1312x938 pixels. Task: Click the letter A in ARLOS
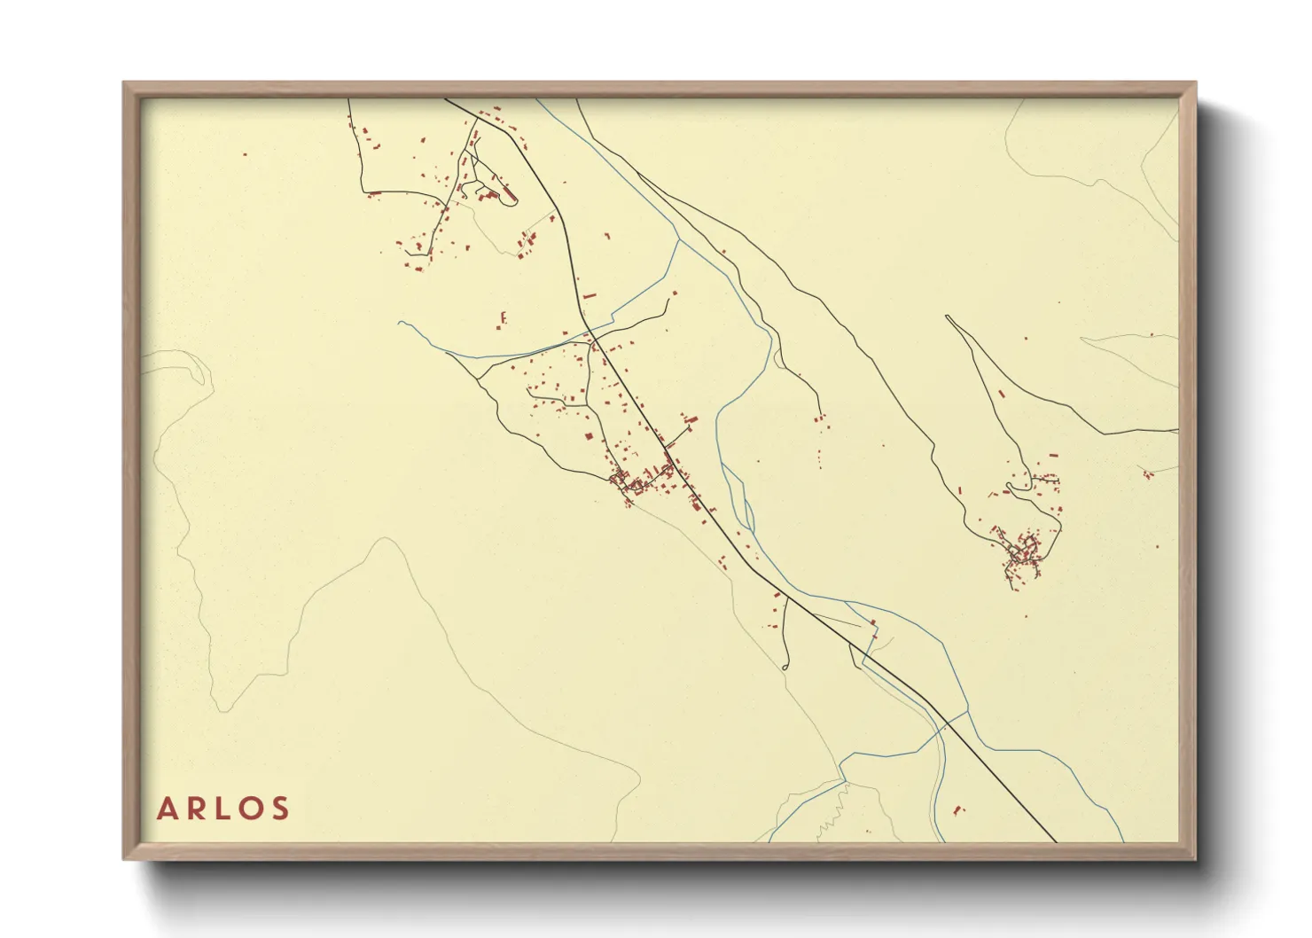click(167, 809)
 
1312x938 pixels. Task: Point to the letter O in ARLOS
click(251, 809)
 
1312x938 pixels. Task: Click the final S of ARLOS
click(280, 809)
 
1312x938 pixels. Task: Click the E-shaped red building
click(503, 317)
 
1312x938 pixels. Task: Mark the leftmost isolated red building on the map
click(245, 155)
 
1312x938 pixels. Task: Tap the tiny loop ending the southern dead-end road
click(785, 666)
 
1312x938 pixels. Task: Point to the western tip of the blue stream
click(401, 323)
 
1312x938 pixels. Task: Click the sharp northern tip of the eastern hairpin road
click(948, 317)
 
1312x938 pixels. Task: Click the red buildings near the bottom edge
click(957, 809)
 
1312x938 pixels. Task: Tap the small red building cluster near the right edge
click(1147, 474)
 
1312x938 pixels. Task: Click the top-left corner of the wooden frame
click(124, 83)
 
